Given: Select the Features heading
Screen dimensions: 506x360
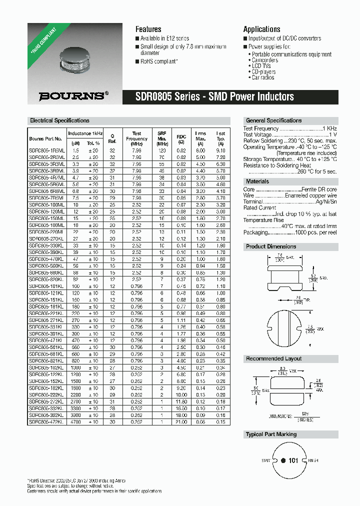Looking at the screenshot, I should [148, 29].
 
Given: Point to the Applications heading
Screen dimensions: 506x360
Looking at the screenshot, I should [261, 29].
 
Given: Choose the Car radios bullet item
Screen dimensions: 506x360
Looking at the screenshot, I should [263, 77].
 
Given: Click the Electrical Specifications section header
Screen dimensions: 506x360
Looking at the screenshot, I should [59, 120].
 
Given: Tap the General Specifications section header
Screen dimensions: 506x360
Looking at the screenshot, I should [273, 120].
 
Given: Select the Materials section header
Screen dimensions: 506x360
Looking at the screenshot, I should [257, 181].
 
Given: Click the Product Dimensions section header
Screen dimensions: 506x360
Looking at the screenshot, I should [271, 246].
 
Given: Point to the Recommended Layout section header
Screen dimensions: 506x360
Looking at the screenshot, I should [273, 358].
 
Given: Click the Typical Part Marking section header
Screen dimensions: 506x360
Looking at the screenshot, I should [271, 434].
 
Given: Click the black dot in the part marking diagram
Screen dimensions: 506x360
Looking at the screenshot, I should [282, 460].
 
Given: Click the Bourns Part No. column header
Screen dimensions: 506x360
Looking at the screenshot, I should [45, 139].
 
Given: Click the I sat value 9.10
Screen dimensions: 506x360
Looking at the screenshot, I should [220, 150].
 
